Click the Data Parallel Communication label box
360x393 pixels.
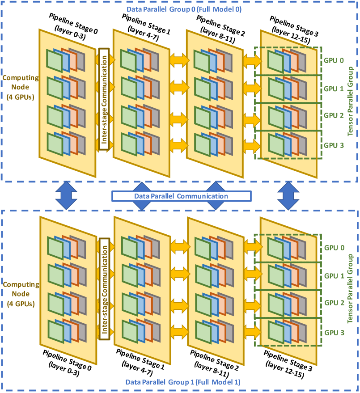(181, 196)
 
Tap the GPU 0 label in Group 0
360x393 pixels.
(334, 60)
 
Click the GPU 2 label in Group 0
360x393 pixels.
(334, 115)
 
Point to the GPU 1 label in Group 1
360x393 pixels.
(334, 276)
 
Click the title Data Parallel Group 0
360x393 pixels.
(184, 9)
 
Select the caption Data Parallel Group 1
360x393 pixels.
(183, 382)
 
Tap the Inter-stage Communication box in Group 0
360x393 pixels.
(104, 98)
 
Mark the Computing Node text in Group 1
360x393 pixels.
(21, 294)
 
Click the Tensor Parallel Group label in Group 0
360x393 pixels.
(350, 101)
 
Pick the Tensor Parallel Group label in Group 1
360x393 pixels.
(350, 289)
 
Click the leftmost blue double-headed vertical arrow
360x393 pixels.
(66, 195)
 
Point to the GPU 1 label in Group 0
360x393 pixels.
(334, 89)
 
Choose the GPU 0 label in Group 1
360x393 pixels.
(334, 248)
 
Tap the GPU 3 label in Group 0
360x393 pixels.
(334, 144)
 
